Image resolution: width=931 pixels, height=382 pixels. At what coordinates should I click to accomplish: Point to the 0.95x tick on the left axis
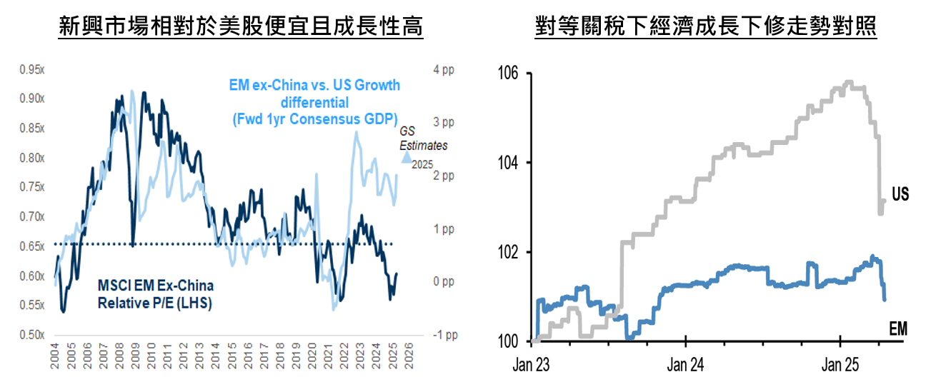point(31,69)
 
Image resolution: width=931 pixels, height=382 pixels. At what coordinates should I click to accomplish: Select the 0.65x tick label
point(31,246)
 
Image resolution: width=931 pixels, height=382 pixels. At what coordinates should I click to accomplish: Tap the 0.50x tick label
point(31,335)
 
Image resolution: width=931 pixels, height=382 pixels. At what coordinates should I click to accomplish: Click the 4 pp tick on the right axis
point(444,69)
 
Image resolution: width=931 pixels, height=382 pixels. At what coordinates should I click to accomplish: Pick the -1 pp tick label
point(444,335)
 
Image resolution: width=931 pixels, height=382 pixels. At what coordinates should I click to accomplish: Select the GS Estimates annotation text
point(423,139)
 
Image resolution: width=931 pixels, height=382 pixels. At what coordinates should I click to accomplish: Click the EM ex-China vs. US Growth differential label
point(314,101)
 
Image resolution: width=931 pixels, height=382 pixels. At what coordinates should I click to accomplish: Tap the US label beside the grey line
point(900,194)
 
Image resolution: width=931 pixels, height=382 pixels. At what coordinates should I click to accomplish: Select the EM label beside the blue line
point(898,328)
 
